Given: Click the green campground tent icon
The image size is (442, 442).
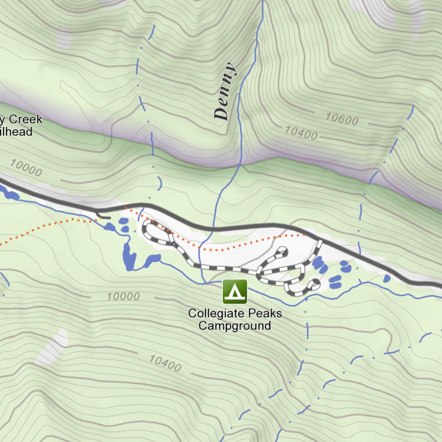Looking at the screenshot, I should coord(235,291).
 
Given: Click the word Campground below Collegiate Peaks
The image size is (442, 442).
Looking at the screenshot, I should coord(234,325).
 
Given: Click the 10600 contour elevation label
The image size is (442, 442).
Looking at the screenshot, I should coord(342,119).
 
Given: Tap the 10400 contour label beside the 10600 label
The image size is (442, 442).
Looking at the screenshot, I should coord(301,133).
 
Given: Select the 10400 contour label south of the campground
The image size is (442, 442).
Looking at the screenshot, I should coord(165,363).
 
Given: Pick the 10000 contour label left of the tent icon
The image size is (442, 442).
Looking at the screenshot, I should coord(123,297).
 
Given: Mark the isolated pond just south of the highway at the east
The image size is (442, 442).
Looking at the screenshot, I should coord(387,278).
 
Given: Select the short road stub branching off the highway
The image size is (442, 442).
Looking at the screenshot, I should coord(104,217).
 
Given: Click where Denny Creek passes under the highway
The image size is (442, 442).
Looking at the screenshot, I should coord(212,228).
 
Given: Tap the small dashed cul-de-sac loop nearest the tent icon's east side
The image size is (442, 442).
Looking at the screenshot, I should coord(312,285).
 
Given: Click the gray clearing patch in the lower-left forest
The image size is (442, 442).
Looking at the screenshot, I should coord(53,347).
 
